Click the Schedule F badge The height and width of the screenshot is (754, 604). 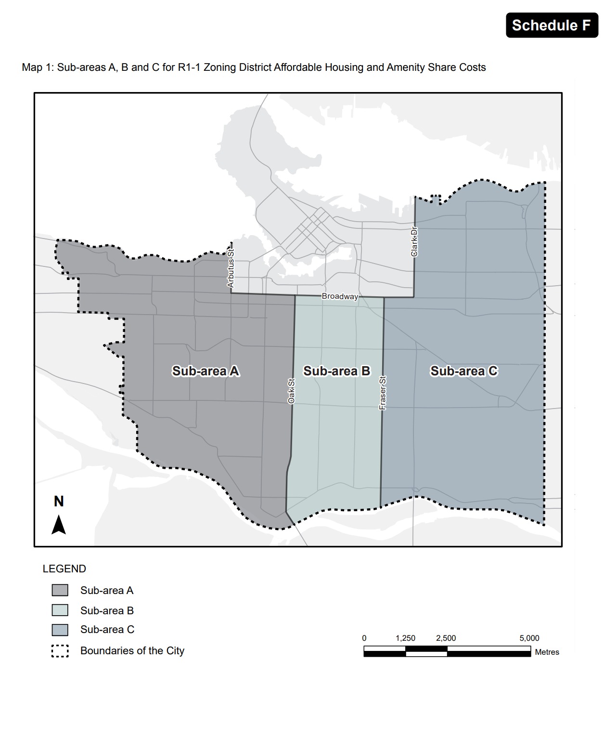(x=552, y=25)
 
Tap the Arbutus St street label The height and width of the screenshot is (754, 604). (x=231, y=269)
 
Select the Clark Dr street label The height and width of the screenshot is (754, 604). (x=414, y=242)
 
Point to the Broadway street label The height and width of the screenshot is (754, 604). (x=340, y=296)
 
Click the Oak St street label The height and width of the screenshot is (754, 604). (x=291, y=391)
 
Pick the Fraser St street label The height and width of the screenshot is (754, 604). (x=383, y=393)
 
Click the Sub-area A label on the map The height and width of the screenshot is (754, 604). (x=206, y=371)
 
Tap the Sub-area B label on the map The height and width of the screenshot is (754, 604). (x=336, y=371)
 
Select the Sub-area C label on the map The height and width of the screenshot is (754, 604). (x=463, y=371)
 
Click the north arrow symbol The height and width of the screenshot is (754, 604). (x=59, y=525)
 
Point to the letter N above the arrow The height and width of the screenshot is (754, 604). (x=59, y=502)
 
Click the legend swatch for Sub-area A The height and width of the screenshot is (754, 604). (x=60, y=590)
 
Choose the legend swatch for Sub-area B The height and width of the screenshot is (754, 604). (x=60, y=610)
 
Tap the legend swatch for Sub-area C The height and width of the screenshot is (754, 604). (x=60, y=630)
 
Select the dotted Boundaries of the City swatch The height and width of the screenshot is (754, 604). (x=60, y=651)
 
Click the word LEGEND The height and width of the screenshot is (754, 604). (x=64, y=569)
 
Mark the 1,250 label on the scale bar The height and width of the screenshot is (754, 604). (x=405, y=638)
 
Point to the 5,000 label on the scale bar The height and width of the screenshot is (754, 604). (x=529, y=638)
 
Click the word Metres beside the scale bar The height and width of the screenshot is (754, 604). (x=547, y=652)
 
